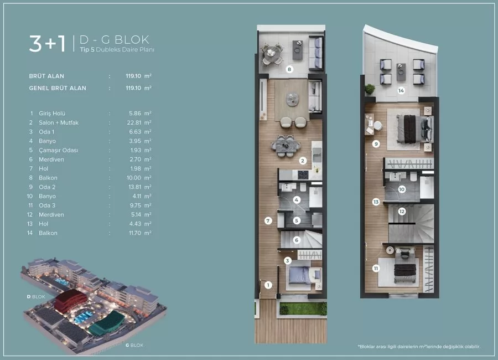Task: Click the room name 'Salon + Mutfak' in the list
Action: [x=59, y=122]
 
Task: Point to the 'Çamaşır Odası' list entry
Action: [x=59, y=150]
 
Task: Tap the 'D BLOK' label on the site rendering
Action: [x=36, y=296]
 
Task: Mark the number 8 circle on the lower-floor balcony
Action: [x=289, y=70]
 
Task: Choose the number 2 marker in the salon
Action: [x=303, y=161]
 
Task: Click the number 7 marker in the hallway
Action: [x=267, y=220]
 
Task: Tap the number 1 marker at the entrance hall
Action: [x=267, y=285]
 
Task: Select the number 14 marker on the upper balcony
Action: [x=401, y=90]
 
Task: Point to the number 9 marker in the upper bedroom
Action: [x=376, y=144]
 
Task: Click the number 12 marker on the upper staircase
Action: [x=402, y=211]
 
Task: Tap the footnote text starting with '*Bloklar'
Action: [x=419, y=347]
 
